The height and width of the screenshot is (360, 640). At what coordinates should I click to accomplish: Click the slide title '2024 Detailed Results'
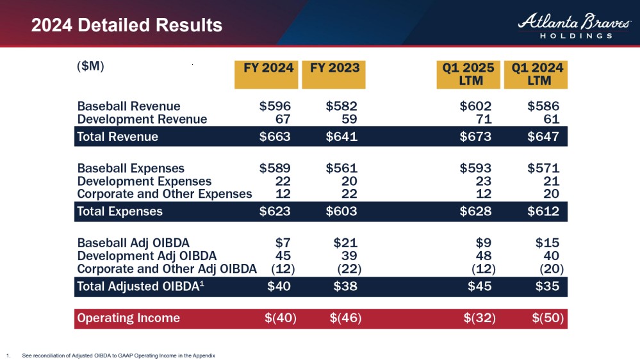tap(127, 26)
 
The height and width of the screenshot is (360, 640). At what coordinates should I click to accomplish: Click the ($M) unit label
tap(90, 67)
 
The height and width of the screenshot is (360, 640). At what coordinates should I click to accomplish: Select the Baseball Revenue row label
tap(129, 106)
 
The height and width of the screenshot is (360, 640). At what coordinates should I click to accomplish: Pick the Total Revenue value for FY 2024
tap(275, 136)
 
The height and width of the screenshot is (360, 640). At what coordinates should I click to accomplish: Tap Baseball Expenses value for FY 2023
tap(341, 168)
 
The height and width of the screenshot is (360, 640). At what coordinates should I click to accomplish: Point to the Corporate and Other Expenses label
tap(165, 193)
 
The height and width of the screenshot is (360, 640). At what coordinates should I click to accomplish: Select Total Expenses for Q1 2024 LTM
tap(543, 211)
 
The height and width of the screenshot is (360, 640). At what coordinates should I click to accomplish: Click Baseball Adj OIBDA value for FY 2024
tap(283, 243)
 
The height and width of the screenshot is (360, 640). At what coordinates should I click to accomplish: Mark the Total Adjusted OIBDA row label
tap(145, 287)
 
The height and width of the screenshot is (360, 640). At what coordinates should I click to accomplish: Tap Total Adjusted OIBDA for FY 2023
tap(345, 287)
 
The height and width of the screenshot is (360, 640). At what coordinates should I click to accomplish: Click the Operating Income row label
tap(128, 318)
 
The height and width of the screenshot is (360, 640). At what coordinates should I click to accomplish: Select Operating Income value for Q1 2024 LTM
tap(548, 318)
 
